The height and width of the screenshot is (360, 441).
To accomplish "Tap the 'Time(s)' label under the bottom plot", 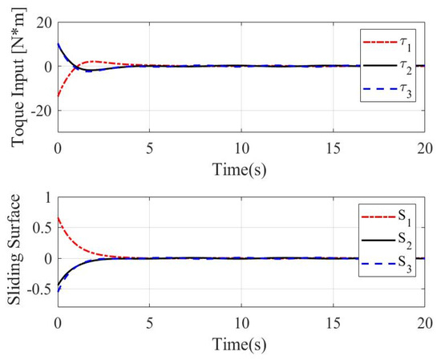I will click(241, 344).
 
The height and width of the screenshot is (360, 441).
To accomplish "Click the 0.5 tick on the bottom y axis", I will click(38, 228).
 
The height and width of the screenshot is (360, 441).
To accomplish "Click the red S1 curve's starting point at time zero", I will click(58, 217).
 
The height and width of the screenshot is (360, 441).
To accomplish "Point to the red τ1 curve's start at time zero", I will click(58, 96).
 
